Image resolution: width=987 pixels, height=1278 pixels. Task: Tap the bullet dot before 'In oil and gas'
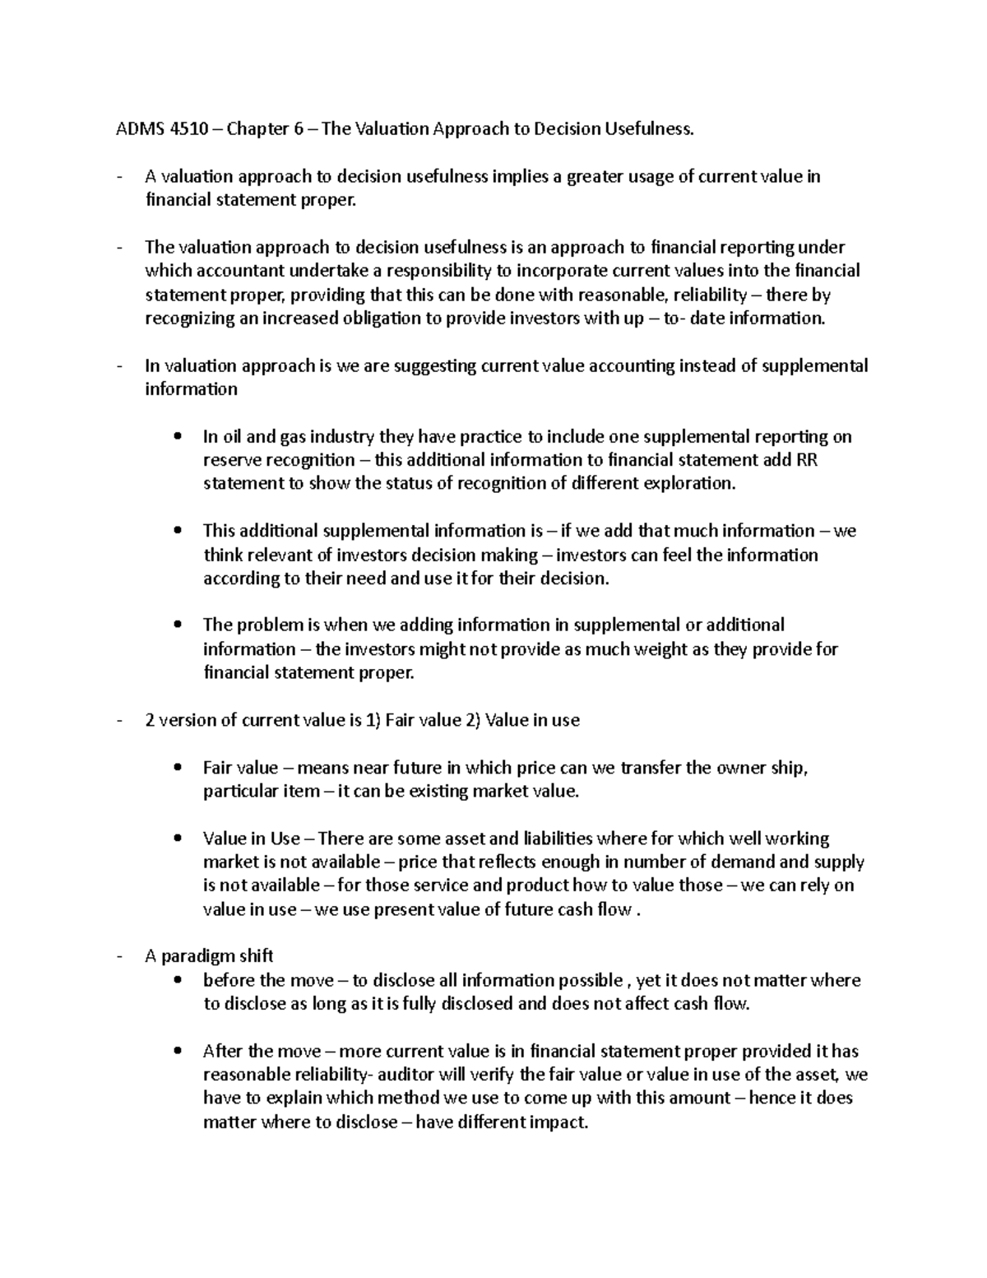[178, 437]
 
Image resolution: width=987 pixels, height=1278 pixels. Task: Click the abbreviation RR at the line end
[807, 460]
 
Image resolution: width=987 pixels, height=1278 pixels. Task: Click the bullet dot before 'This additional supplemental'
[178, 532]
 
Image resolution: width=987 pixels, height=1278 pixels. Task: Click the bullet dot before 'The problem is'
[178, 625]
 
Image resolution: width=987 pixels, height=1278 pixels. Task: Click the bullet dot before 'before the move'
[178, 981]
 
